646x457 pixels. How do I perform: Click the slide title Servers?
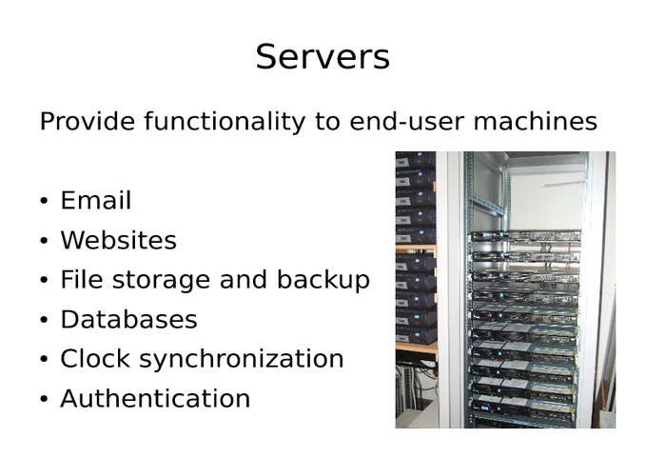[323, 57]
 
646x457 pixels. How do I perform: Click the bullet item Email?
[95, 201]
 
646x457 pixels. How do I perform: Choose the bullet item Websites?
[118, 241]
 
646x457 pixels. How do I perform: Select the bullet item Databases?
[128, 320]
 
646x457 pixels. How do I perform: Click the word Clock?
[91, 359]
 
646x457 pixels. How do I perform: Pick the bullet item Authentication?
[155, 399]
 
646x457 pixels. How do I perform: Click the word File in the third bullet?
[77, 280]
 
